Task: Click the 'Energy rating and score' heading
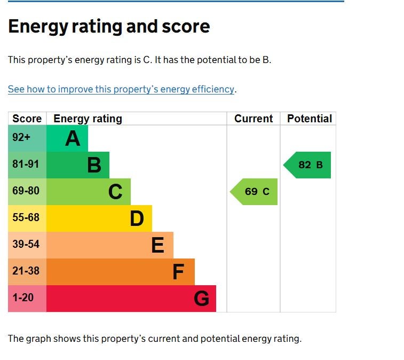109,27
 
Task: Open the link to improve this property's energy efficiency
121,89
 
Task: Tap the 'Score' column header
27,119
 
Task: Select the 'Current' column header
254,119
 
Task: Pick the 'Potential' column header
310,119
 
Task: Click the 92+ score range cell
22,138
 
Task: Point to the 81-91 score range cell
26,165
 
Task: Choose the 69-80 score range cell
26,191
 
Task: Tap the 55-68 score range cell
26,218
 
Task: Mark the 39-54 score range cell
26,245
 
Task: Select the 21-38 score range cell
26,271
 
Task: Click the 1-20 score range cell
23,298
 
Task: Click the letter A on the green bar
73,139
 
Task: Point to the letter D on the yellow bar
137,218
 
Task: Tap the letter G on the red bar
201,299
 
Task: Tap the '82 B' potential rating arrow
308,165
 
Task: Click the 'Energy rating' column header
88,119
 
